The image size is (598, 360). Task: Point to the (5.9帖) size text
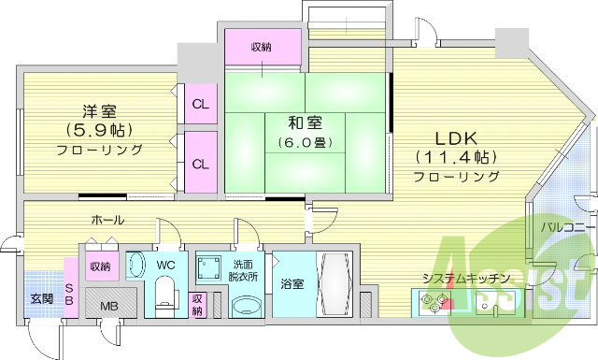tap(98, 128)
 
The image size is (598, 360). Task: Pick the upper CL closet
tap(200, 104)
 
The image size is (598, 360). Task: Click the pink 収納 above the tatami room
tap(263, 46)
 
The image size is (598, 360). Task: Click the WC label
tap(165, 266)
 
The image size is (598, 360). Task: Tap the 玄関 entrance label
tap(40, 299)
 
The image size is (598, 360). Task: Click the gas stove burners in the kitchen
tap(434, 300)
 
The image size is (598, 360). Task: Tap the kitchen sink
tap(489, 301)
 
